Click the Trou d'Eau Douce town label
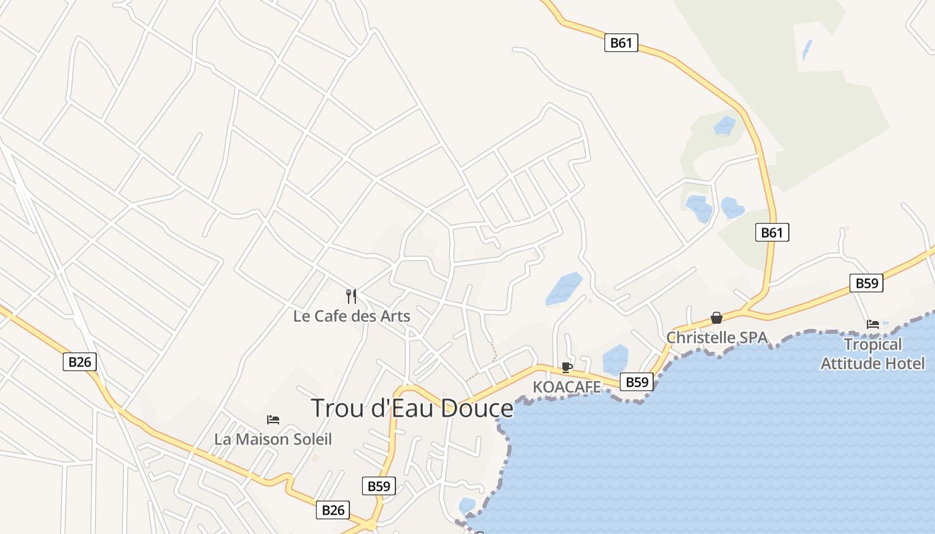[x=412, y=408]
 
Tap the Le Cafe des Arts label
[x=351, y=316]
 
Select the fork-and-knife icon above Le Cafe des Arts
[x=351, y=296]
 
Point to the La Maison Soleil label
[x=272, y=439]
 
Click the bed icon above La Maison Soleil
[x=272, y=419]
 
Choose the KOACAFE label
[x=567, y=386]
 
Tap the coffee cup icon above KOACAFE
[x=567, y=367]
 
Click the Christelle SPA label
[x=717, y=337]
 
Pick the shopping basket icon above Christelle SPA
[x=717, y=318]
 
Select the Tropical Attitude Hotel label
[x=872, y=354]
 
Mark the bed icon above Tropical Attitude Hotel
[x=872, y=324]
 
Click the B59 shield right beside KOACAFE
[x=636, y=382]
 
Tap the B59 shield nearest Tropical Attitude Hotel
[x=867, y=283]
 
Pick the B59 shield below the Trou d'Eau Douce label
[x=379, y=486]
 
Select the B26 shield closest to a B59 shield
[x=333, y=510]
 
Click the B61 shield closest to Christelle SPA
[x=772, y=232]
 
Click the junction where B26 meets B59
[x=371, y=525]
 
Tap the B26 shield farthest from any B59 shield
[x=79, y=362]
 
